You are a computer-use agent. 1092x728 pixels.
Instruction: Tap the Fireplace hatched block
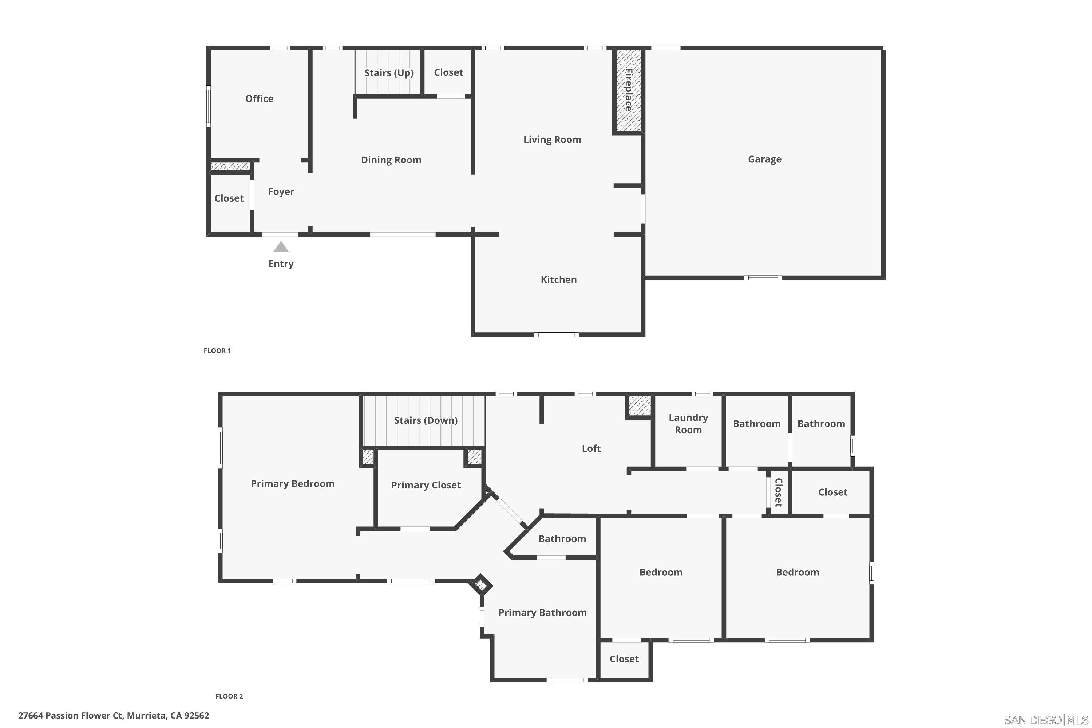tap(629, 91)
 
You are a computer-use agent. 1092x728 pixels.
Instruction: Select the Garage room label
tap(765, 159)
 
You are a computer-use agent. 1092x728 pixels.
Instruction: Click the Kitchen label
tap(558, 280)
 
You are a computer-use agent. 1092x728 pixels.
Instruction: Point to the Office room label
tap(259, 98)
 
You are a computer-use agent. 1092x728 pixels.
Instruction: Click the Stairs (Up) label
tap(389, 73)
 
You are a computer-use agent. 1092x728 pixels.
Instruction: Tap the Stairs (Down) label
tap(426, 420)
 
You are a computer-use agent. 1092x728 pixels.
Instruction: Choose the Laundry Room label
tap(688, 423)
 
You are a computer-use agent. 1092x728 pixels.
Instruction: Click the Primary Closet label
tap(426, 485)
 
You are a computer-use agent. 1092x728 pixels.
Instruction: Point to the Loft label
tap(591, 448)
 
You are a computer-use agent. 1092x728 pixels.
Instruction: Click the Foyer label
tap(281, 192)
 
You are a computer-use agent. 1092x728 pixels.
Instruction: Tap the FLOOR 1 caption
tap(217, 351)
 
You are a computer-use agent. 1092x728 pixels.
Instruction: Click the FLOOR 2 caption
tap(229, 696)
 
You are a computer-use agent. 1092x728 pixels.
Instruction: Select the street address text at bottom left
tap(114, 716)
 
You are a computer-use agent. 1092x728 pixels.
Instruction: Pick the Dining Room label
tap(391, 160)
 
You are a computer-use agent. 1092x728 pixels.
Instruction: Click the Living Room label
tap(552, 139)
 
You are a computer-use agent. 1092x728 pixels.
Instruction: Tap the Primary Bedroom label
tap(293, 484)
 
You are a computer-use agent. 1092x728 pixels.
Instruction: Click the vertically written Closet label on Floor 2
tap(779, 492)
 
